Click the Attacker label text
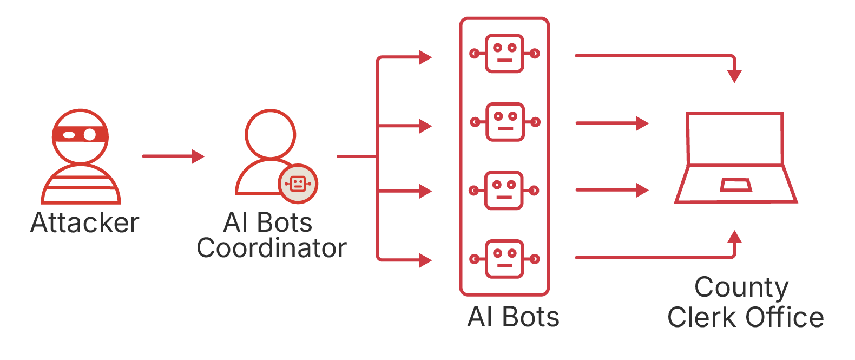click(85, 222)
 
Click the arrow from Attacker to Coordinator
click(173, 156)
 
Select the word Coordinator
click(271, 248)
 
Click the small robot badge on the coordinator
click(298, 184)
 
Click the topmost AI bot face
click(504, 54)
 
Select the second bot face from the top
click(505, 122)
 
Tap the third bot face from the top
click(504, 191)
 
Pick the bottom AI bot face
click(504, 259)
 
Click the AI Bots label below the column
click(513, 317)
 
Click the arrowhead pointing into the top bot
click(425, 57)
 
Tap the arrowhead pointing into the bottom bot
click(425, 260)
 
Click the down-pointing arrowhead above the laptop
click(734, 76)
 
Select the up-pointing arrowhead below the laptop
click(734, 237)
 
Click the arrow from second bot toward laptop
click(611, 123)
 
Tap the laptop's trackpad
click(735, 185)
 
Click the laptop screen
click(734, 138)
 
